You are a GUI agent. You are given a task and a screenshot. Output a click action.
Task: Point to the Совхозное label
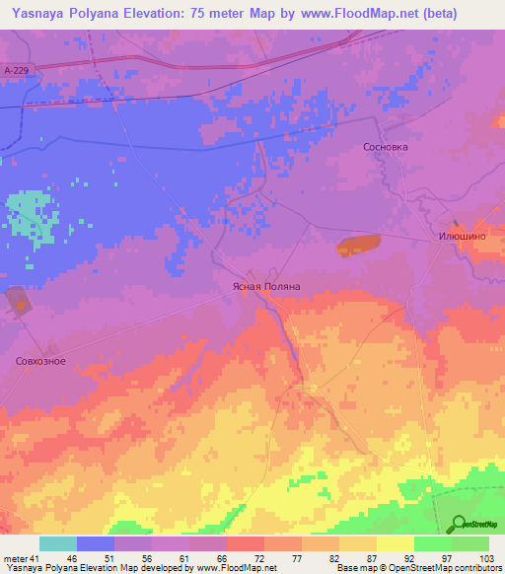[x=40, y=361]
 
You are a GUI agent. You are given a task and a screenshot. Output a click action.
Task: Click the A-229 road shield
[x=16, y=71]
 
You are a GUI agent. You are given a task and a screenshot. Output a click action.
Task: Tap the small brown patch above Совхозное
[x=17, y=300]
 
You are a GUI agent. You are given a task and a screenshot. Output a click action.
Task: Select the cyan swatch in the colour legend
[x=57, y=543]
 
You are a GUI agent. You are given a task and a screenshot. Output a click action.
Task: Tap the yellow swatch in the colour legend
[x=396, y=543]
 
